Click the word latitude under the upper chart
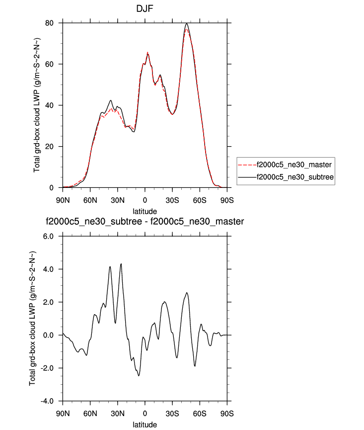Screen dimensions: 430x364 tap(145, 211)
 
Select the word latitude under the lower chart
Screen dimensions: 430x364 tap(145, 425)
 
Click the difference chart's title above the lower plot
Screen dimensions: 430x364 tap(145, 221)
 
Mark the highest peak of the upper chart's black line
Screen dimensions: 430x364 tap(186, 23)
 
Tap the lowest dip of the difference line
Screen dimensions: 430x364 tap(139, 376)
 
